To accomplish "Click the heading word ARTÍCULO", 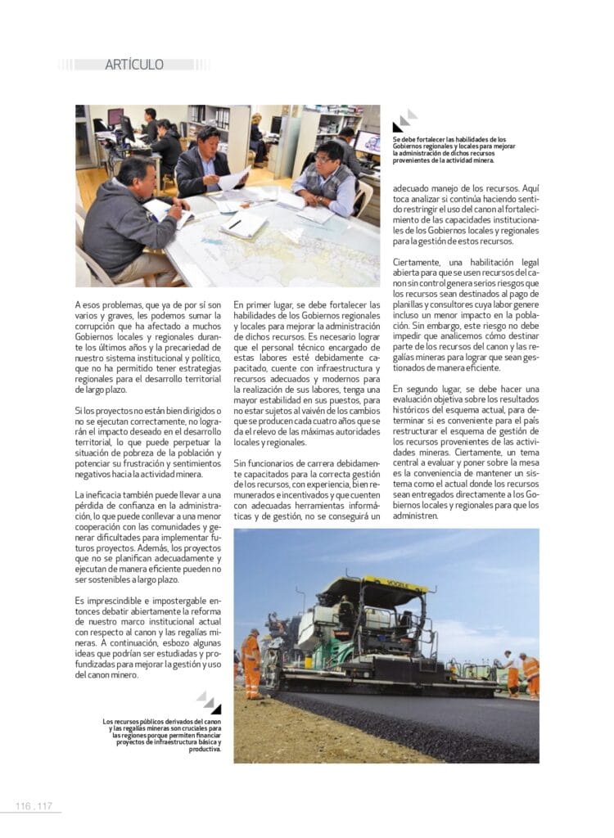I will pyautogui.click(x=134, y=65).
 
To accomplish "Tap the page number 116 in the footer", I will pyautogui.click(x=24, y=806).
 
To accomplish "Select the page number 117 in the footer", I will pyautogui.click(x=44, y=806).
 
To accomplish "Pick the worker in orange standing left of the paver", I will pyautogui.click(x=251, y=664).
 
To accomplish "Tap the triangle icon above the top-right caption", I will pyautogui.click(x=404, y=120).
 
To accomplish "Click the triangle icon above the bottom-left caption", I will pyautogui.click(x=209, y=702).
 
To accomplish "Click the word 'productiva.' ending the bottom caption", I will pyautogui.click(x=205, y=749).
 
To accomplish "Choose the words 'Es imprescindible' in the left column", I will pyautogui.click(x=110, y=601).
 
